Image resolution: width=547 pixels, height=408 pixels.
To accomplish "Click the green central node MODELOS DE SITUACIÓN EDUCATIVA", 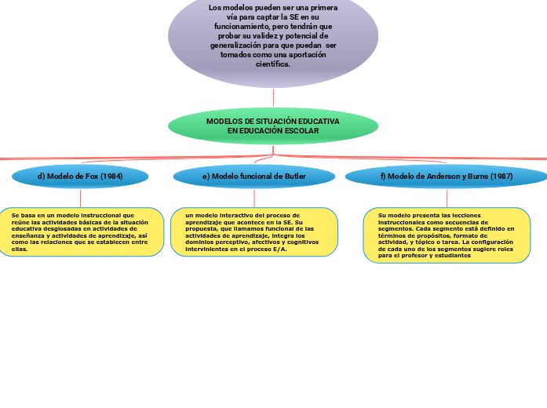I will click(273, 126).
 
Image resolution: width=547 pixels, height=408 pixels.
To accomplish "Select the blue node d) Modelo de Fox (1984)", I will click(80, 177).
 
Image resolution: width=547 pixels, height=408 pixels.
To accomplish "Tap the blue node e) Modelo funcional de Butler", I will click(254, 177).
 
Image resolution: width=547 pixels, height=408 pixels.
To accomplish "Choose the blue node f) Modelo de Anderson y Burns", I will click(447, 177).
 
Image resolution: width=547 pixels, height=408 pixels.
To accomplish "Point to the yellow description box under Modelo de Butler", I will click(254, 232).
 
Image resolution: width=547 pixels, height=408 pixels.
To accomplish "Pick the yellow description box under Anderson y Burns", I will click(447, 235).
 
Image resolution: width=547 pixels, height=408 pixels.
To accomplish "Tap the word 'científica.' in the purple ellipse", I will click(273, 64).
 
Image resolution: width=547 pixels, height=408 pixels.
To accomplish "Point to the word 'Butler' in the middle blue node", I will click(295, 177).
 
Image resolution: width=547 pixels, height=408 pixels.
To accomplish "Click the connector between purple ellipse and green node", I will click(273, 98).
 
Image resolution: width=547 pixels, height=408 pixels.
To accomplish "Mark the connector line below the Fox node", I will click(80, 198).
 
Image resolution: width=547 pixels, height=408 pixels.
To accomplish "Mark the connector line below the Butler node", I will click(254, 198).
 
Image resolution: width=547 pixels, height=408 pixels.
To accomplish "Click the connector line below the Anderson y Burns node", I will click(447, 198).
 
